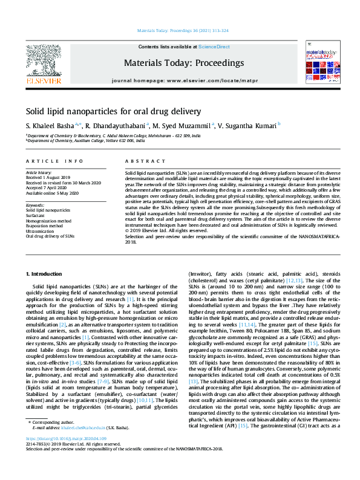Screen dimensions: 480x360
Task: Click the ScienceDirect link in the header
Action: click(214, 47)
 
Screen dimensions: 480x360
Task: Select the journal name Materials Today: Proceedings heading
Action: click(184, 63)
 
